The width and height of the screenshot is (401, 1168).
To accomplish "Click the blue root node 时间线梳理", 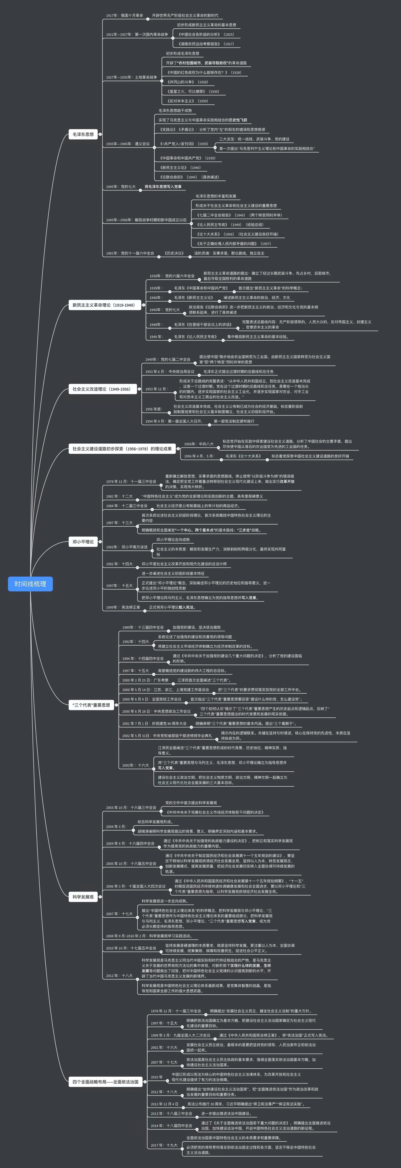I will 30,584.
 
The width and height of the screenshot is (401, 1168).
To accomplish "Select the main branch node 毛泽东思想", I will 83,134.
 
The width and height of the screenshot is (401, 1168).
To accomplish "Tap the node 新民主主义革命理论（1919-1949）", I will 103,305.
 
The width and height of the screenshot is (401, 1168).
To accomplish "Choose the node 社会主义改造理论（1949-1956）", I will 102,389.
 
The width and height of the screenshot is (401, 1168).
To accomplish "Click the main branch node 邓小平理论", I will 83,542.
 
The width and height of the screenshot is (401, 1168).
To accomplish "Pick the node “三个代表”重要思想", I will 91,705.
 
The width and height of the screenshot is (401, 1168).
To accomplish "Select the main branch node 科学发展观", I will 83,897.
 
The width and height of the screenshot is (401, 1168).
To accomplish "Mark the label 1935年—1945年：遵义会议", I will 128,144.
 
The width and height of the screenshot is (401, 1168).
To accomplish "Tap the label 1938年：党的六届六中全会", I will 172,276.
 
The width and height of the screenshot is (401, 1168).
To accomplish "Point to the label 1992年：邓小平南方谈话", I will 127,547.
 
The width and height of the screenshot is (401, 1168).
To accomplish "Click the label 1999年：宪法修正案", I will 123,607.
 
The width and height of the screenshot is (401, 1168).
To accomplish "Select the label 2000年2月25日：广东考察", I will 145,680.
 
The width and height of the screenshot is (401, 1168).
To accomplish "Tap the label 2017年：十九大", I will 164,1145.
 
